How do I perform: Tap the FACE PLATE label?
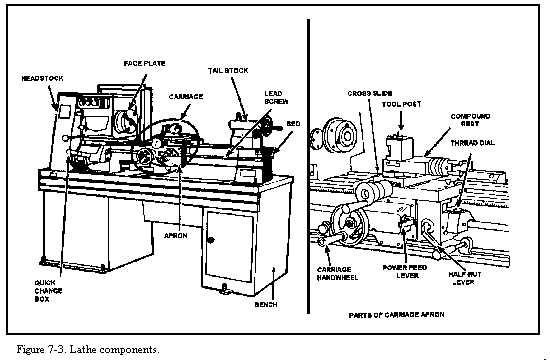point(144,62)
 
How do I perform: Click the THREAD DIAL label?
point(494,143)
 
